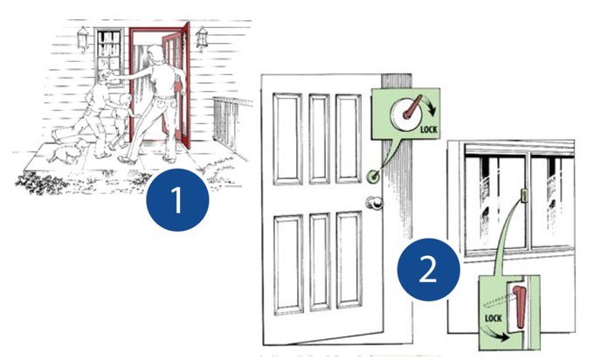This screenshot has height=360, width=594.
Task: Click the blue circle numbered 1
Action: click(x=177, y=200)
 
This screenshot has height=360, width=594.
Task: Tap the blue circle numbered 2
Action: click(x=428, y=269)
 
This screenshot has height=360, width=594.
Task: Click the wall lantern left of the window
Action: click(x=83, y=38)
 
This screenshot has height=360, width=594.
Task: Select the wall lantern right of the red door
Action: click(x=203, y=38)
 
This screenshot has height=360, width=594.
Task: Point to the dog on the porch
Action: click(x=68, y=151)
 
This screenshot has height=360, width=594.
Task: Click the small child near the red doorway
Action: click(x=120, y=122)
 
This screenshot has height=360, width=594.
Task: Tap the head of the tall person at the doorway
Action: click(x=155, y=51)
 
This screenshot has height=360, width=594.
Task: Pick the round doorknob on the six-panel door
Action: click(x=375, y=203)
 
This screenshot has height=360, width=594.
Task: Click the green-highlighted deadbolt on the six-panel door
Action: click(x=373, y=176)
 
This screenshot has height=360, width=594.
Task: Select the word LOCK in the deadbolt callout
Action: click(x=428, y=129)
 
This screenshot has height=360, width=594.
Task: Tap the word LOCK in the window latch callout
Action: click(x=494, y=317)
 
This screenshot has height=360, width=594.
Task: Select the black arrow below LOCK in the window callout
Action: click(x=497, y=334)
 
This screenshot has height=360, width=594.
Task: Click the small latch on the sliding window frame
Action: click(x=525, y=195)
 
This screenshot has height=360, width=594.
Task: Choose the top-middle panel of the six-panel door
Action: click(x=319, y=139)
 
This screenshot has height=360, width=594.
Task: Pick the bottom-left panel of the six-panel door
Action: click(x=288, y=265)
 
